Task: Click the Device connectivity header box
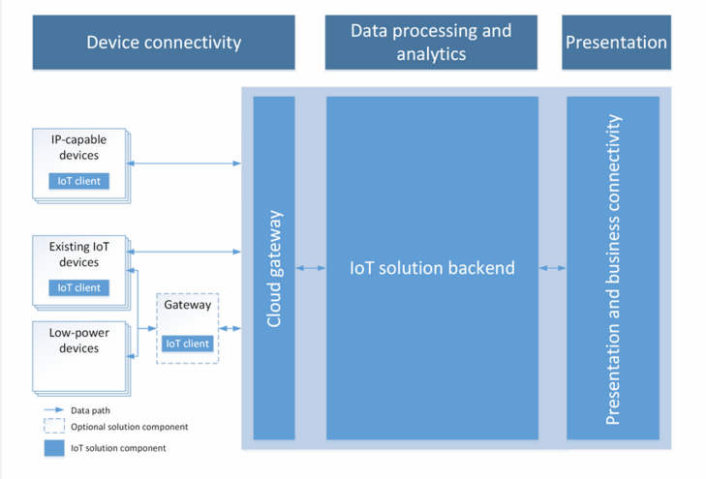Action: pyautogui.click(x=164, y=43)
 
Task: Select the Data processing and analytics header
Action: pyautogui.click(x=431, y=43)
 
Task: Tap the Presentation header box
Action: pyautogui.click(x=616, y=43)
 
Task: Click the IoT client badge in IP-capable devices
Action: pyautogui.click(x=78, y=181)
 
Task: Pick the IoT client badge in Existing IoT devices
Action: pyautogui.click(x=78, y=287)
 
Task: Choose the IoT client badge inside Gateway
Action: pyautogui.click(x=187, y=344)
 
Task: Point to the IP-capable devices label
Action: pyautogui.click(x=78, y=147)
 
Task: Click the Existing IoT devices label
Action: pyautogui.click(x=78, y=254)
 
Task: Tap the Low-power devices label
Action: pyautogui.click(x=78, y=341)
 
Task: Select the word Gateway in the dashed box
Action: pyautogui.click(x=187, y=305)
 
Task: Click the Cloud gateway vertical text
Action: pyautogui.click(x=274, y=268)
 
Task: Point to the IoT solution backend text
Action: pyautogui.click(x=432, y=268)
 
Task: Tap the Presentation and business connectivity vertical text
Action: pyautogui.click(x=613, y=269)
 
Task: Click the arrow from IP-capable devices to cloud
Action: pyautogui.click(x=184, y=164)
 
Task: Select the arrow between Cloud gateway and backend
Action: pyautogui.click(x=311, y=268)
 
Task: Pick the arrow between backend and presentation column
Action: pyautogui.click(x=552, y=268)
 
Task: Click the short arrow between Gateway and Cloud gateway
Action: pyautogui.click(x=230, y=328)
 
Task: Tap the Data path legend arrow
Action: pyautogui.click(x=54, y=409)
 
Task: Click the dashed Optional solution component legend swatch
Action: pyautogui.click(x=54, y=426)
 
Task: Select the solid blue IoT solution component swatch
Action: pyautogui.click(x=54, y=448)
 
